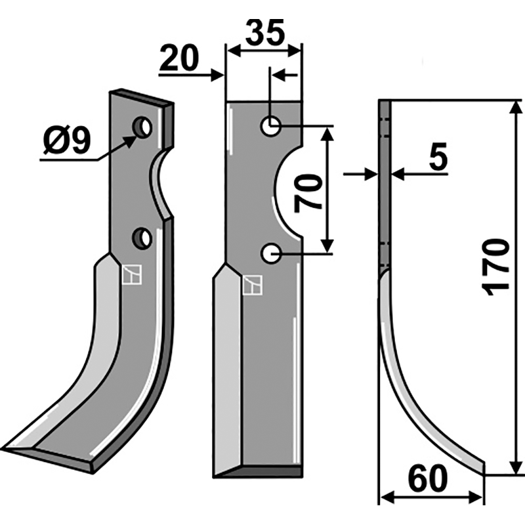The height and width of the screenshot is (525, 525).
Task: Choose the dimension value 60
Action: [428, 479]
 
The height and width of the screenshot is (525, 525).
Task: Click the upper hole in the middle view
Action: [270, 126]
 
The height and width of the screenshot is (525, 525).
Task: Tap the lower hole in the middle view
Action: [271, 253]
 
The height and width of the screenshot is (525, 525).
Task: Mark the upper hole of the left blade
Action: [142, 127]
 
